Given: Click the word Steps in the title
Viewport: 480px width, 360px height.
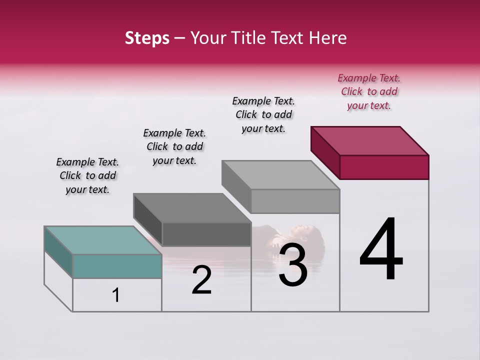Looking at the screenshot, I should point(147,38).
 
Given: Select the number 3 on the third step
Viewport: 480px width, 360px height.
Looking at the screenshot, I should point(292,264).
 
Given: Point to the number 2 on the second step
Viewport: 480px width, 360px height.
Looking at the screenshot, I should point(201,280).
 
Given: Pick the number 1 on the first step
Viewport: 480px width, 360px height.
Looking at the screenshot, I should point(116,295).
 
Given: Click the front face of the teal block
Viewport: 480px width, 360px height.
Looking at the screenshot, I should point(117,266).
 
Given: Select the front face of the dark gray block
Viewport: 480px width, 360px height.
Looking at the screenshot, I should point(206,234).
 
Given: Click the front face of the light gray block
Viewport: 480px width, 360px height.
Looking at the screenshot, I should point(295,201).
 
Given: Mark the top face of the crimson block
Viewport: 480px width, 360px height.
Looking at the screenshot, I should point(370,140).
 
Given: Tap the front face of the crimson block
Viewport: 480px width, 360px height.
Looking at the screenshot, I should point(384,167).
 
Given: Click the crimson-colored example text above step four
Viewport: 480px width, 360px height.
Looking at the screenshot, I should point(369,91).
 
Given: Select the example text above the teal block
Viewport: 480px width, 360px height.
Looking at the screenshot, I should point(87,175).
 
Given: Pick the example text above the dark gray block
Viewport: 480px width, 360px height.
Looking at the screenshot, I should point(174,146).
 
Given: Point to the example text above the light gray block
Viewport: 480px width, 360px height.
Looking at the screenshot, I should point(263,114).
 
